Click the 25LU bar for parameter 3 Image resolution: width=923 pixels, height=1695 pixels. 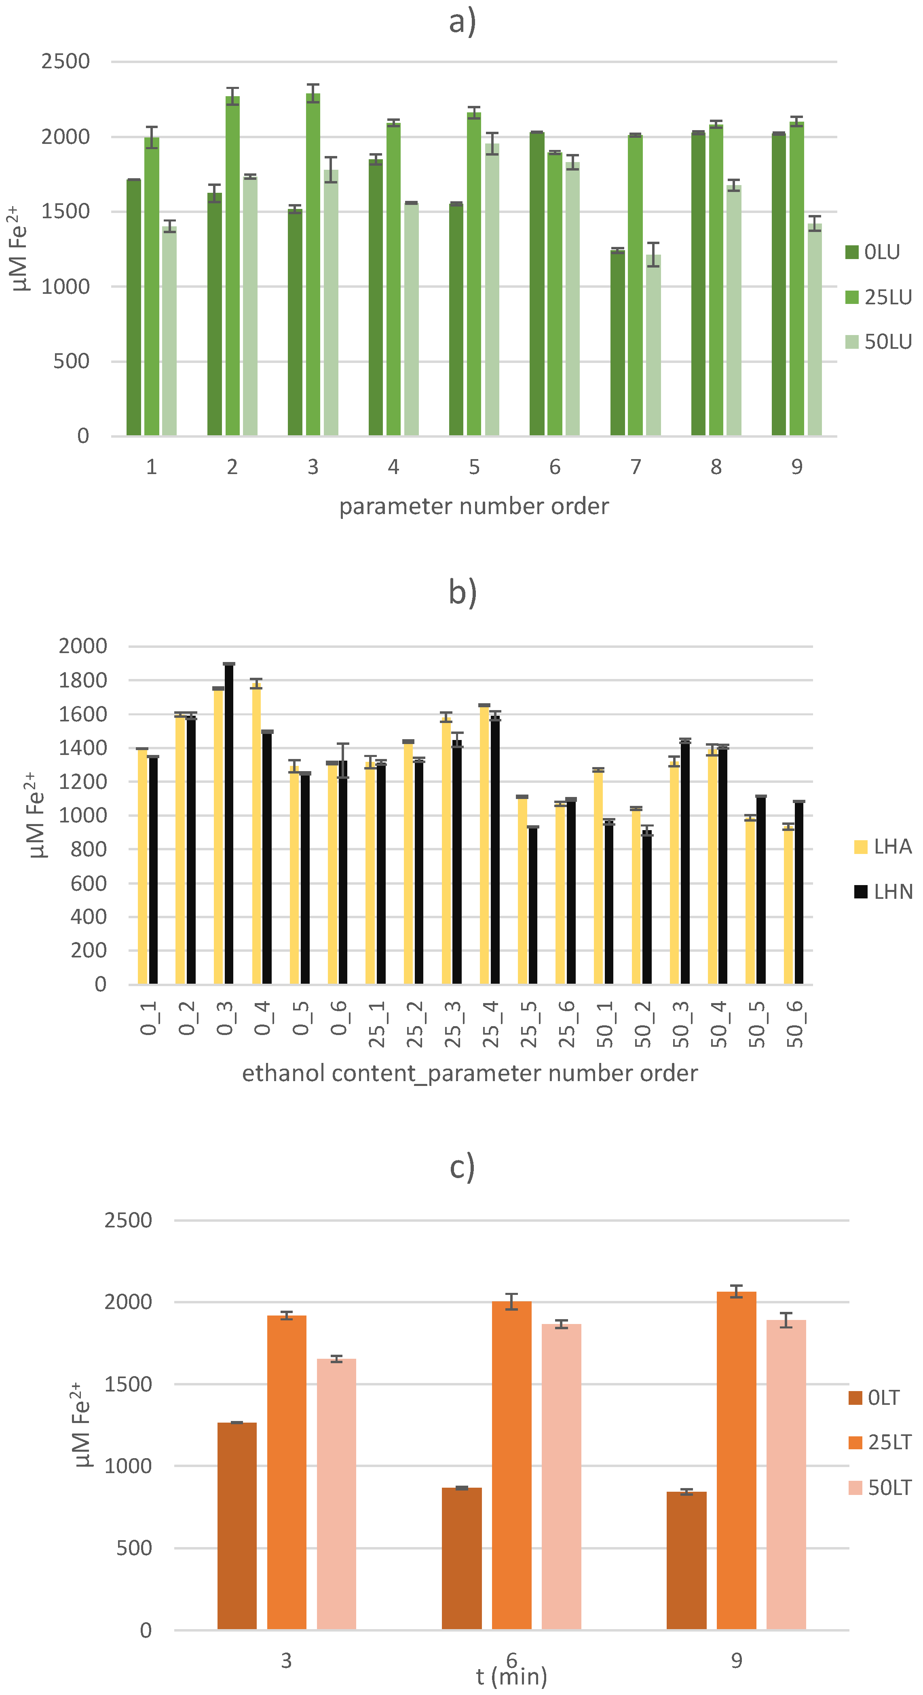coord(313,263)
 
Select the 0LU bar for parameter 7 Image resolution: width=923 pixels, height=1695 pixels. coord(617,342)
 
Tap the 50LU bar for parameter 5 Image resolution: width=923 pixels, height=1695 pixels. coord(492,289)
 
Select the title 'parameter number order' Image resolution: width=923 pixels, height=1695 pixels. coord(473,506)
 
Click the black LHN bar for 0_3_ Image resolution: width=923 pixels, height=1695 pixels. coord(229,822)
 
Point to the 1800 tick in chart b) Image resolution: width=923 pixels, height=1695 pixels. coord(82,680)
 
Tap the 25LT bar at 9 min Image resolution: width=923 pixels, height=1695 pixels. coord(736,1461)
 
